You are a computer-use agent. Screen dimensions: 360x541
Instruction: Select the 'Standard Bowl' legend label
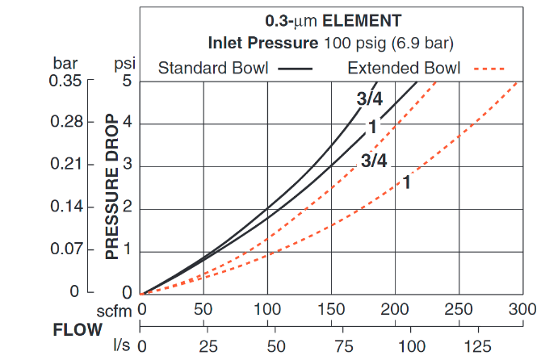(214, 68)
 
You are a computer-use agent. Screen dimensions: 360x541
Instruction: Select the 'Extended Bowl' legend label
(404, 68)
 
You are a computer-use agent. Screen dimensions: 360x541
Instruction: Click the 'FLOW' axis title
(78, 329)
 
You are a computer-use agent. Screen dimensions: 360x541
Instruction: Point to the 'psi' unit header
(123, 63)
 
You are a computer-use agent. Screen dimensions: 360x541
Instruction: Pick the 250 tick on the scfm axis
(458, 309)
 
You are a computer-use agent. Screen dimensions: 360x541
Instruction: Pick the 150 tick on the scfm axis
(331, 309)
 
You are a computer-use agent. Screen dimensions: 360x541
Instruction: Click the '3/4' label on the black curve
(369, 99)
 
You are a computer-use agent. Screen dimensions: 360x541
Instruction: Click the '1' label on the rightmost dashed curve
(407, 182)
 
